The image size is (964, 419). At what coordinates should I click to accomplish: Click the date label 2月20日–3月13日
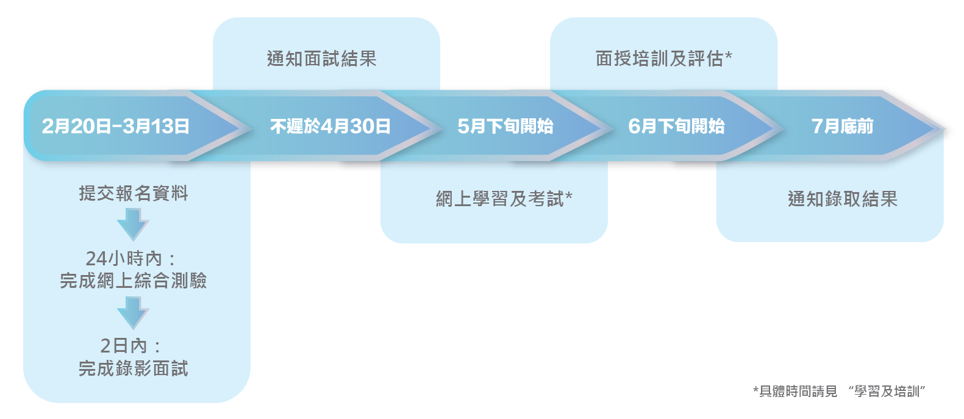(115, 126)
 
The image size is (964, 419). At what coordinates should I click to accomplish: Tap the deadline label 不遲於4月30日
(330, 126)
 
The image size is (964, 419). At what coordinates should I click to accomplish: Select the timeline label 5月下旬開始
(505, 126)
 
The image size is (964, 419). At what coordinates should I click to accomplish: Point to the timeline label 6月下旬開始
(676, 126)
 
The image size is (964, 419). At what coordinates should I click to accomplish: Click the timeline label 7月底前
(842, 126)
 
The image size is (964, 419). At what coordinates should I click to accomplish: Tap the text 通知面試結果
(322, 59)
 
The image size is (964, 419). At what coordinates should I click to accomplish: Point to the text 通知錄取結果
(842, 199)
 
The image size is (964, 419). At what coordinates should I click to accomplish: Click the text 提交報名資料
(134, 193)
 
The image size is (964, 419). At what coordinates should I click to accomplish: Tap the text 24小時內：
(130, 259)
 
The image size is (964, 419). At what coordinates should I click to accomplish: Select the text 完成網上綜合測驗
(134, 281)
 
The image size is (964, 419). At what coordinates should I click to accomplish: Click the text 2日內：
(130, 346)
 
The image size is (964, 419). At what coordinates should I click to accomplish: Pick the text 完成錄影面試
(134, 368)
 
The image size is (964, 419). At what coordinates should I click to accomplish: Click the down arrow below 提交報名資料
(133, 224)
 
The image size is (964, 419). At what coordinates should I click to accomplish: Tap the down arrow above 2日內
(133, 312)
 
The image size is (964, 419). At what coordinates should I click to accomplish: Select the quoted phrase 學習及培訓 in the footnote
(887, 392)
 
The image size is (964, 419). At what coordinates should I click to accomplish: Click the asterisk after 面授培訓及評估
(729, 56)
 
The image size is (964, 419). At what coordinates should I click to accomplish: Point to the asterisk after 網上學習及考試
(569, 196)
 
